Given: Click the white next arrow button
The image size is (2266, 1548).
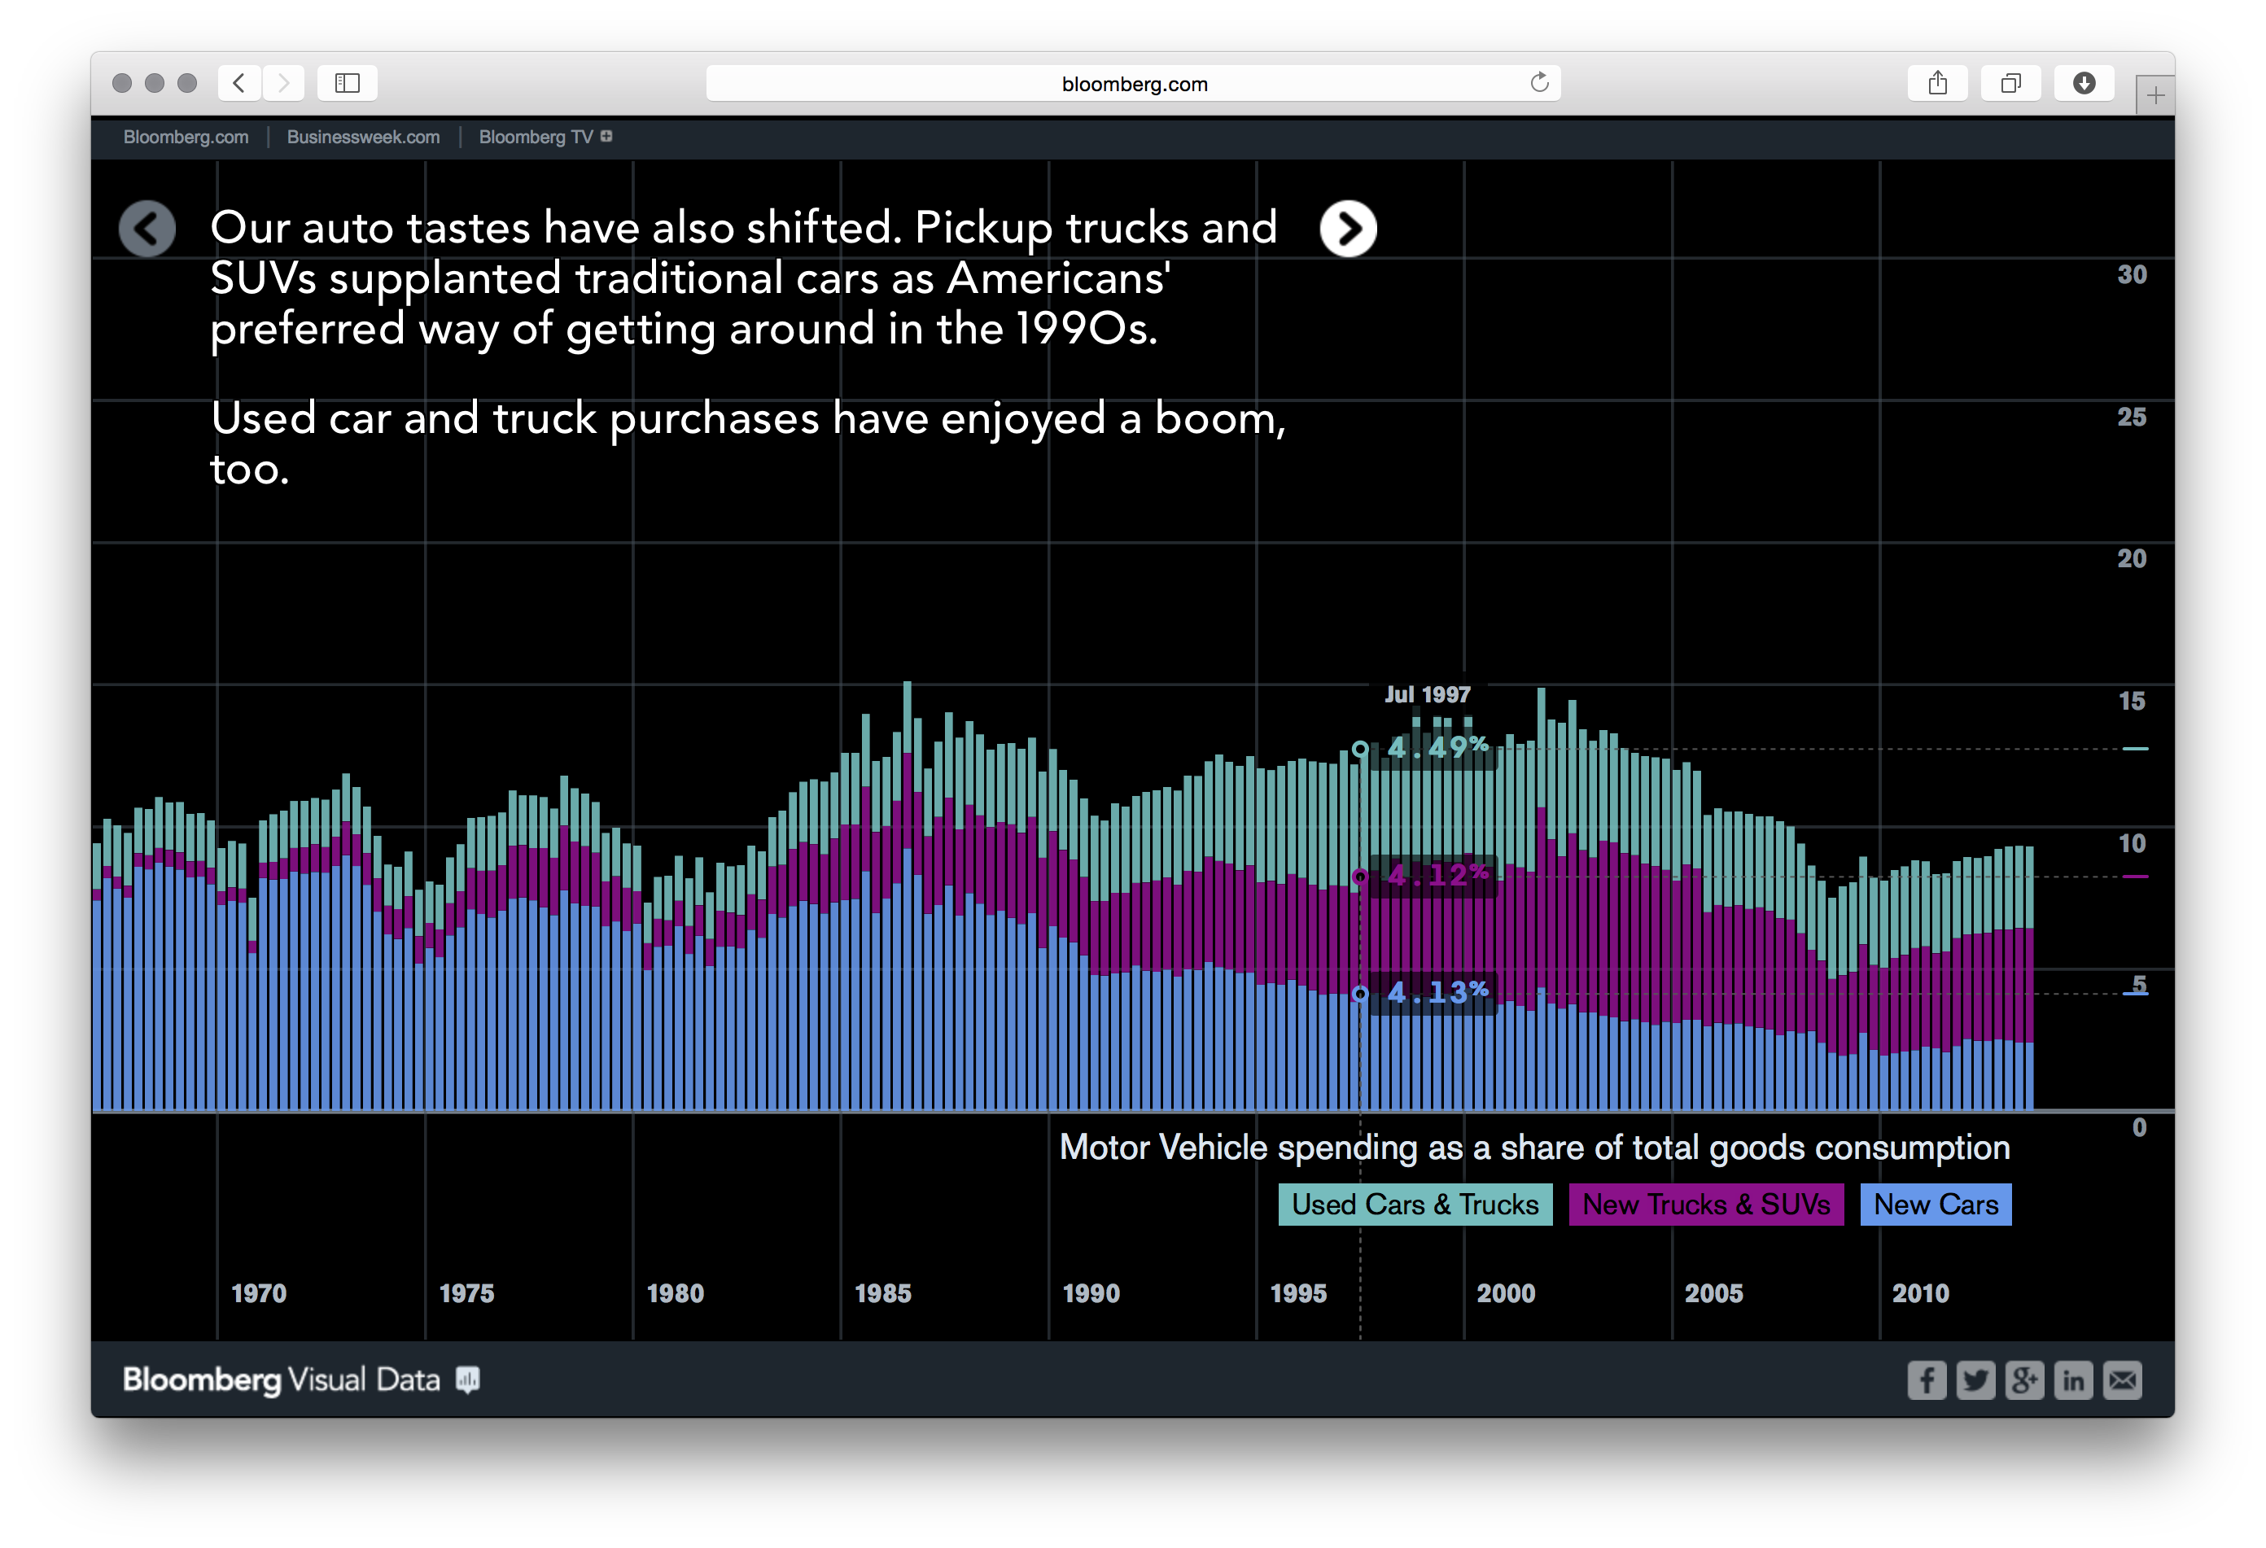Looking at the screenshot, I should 1348,229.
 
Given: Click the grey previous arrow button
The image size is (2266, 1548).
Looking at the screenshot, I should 147,229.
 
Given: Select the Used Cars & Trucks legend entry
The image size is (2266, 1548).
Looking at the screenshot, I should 1415,1205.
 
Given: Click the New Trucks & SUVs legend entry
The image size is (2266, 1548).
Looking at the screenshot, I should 1705,1205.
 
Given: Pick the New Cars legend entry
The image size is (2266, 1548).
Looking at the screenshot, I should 1935,1205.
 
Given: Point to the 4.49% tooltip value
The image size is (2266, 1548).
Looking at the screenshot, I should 1437,748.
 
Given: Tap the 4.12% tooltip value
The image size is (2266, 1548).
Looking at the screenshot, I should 1437,876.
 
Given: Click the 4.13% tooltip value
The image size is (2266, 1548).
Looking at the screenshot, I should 1437,992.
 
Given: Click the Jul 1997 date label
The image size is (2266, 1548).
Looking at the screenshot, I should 1427,694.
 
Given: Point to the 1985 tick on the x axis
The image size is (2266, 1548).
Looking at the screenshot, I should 882,1293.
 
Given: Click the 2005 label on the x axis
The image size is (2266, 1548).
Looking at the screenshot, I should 1713,1293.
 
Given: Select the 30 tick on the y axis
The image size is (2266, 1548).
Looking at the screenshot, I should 2132,275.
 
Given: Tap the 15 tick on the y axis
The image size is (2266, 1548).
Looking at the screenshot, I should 2132,701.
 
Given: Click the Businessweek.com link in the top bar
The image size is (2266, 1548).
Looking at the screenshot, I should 363,138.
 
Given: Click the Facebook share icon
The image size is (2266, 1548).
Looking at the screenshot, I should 1927,1380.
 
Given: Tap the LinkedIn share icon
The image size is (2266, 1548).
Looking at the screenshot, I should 2073,1380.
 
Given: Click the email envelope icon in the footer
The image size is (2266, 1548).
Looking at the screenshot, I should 2123,1380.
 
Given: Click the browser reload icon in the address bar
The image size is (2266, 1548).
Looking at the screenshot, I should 1538,83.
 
